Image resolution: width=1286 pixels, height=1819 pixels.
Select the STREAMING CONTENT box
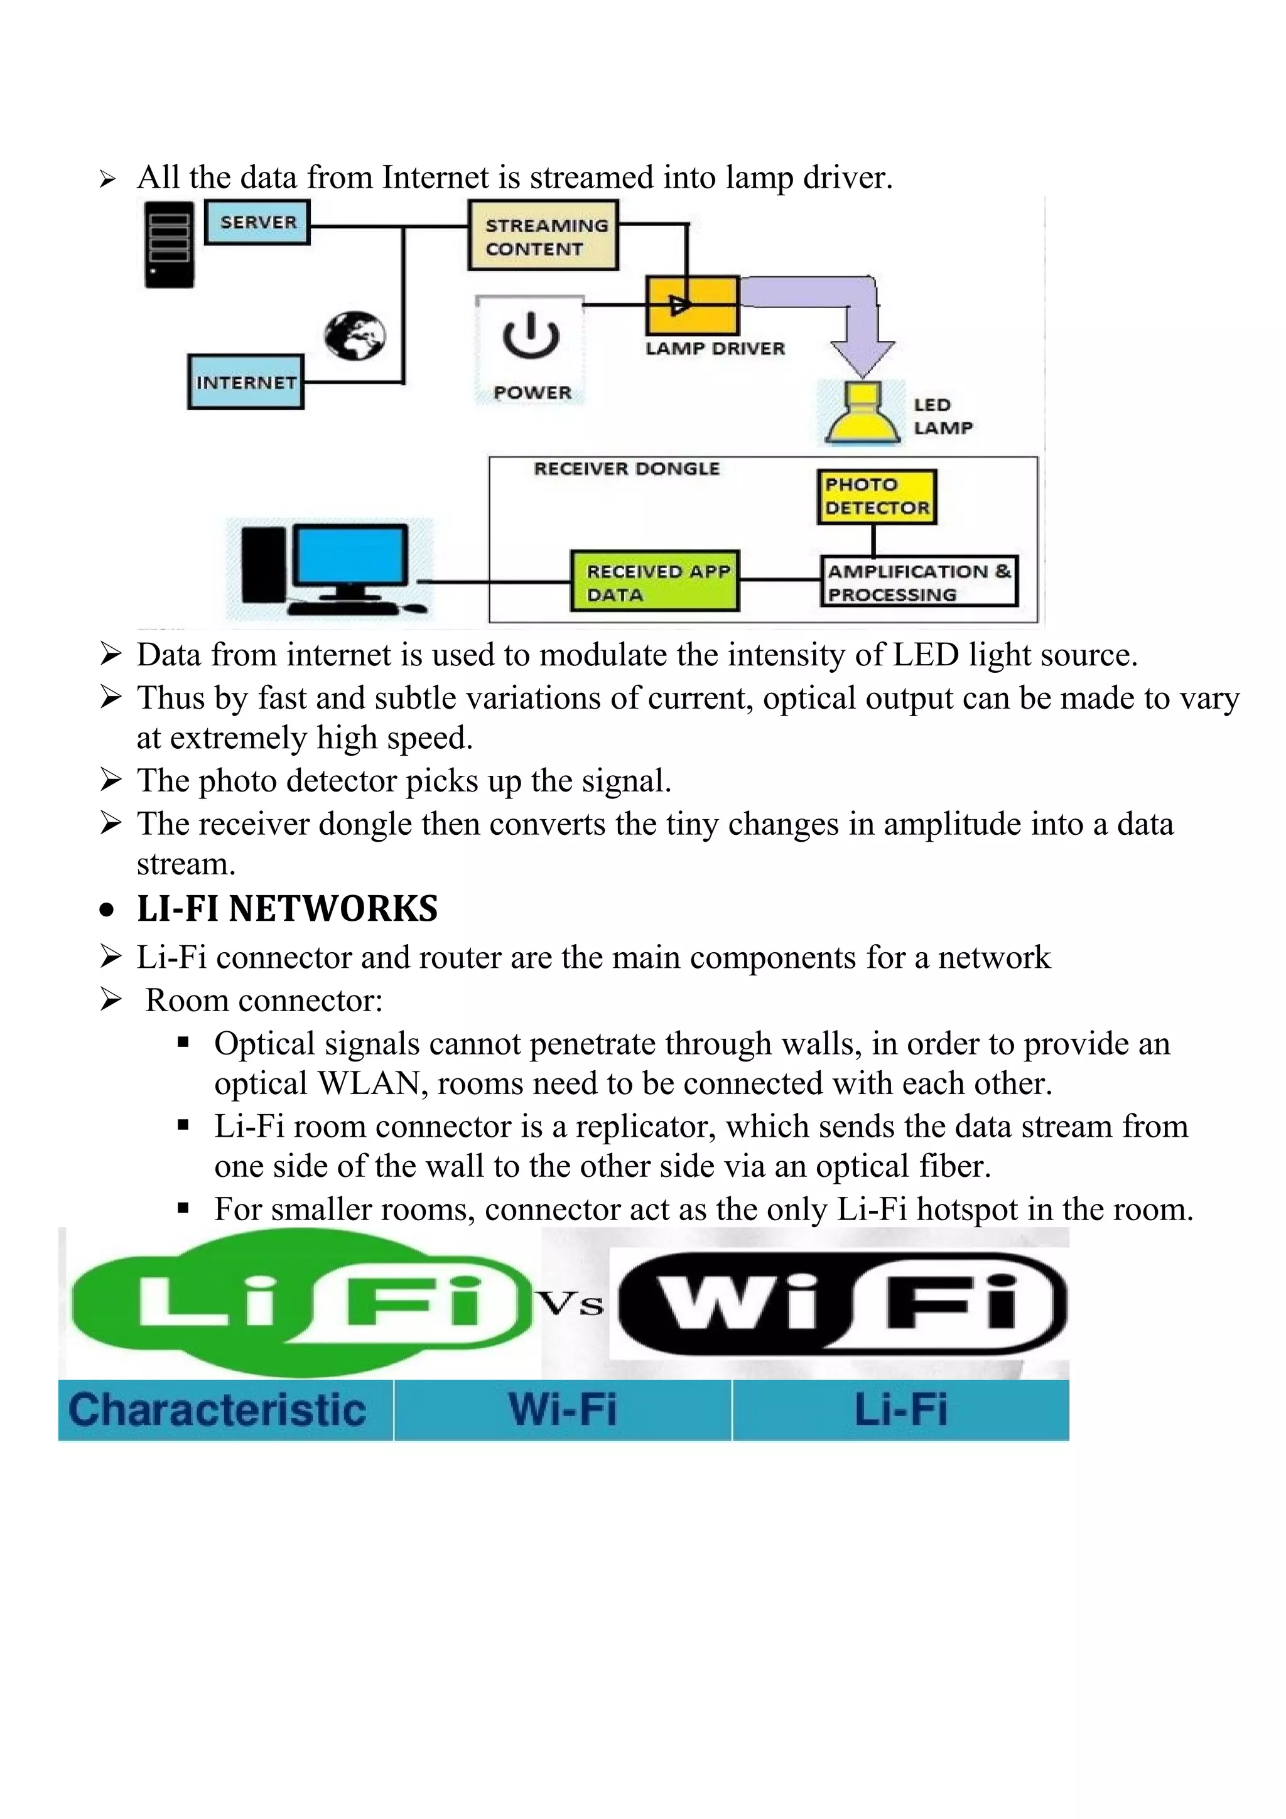543,236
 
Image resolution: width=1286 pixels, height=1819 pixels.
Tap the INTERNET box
246,382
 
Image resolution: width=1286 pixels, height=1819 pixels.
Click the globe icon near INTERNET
355,336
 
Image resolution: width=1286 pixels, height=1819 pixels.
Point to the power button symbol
530,336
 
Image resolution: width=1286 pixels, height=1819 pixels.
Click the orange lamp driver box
693,305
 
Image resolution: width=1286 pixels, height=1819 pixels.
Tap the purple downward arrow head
862,355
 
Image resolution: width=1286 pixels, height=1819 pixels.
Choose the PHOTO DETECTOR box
877,496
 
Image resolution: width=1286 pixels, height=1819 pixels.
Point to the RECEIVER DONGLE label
627,469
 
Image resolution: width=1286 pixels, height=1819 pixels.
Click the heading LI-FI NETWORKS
287,909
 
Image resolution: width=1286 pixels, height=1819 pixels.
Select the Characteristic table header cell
217,1410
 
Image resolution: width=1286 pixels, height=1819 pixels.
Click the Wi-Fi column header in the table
563,1410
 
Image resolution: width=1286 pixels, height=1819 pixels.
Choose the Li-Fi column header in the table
900,1410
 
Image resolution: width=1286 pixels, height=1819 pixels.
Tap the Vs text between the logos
571,1304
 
